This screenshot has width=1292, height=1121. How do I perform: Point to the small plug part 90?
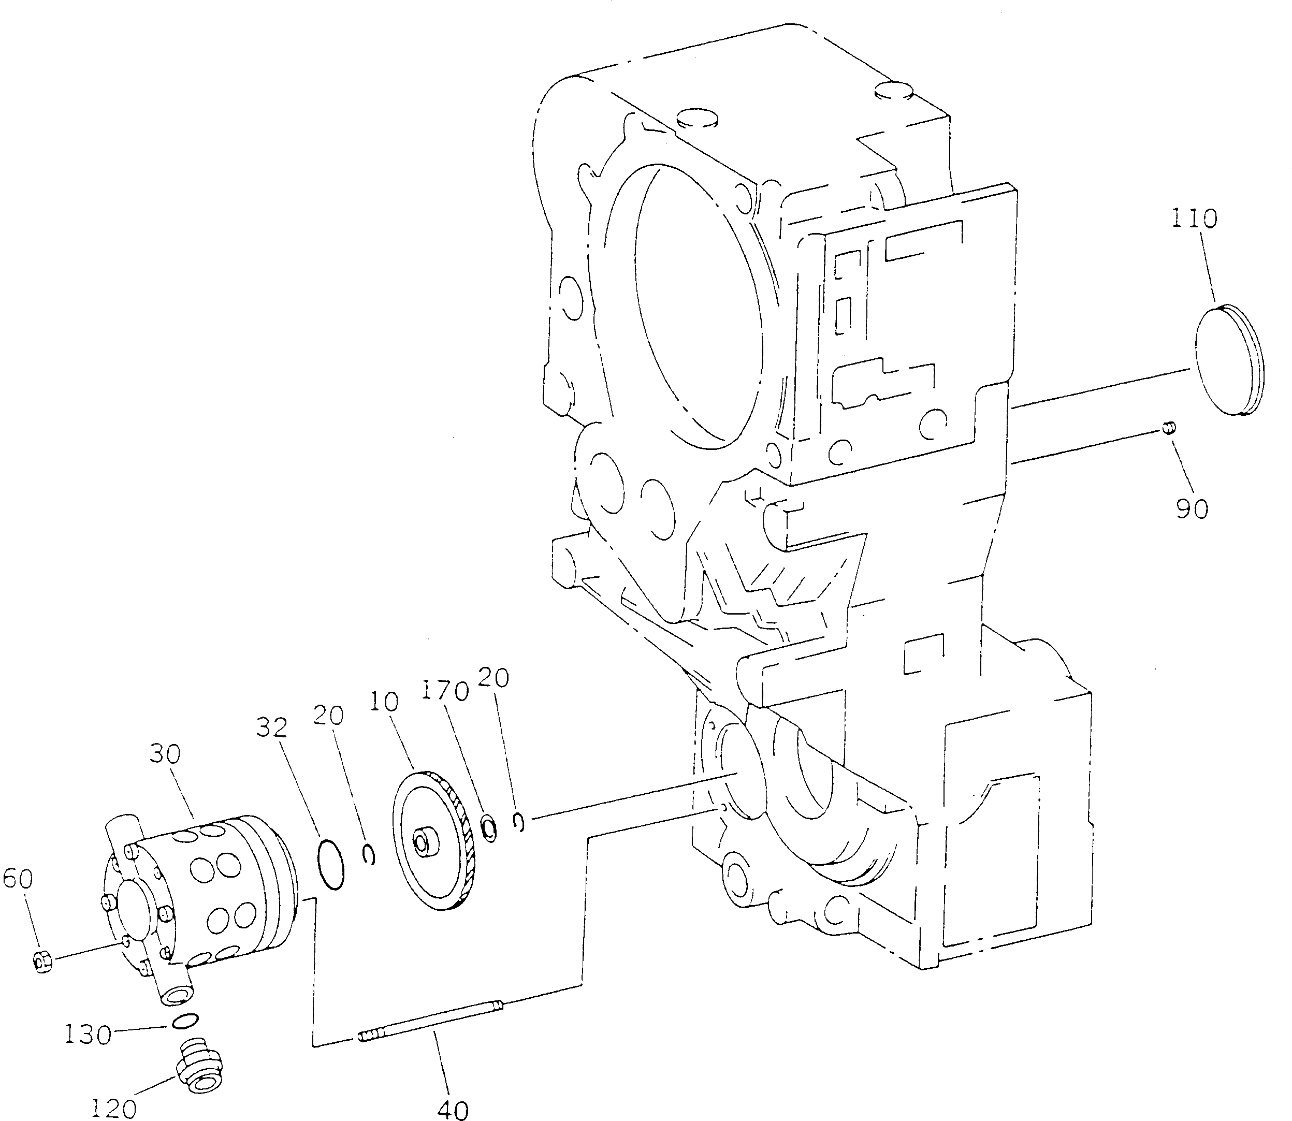[1168, 427]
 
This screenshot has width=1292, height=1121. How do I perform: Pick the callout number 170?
[444, 691]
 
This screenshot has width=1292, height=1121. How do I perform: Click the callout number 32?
[271, 727]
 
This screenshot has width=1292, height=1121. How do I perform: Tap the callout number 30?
[165, 754]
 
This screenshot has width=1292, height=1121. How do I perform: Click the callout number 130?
[88, 1035]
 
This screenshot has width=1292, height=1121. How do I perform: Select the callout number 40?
[453, 1109]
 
